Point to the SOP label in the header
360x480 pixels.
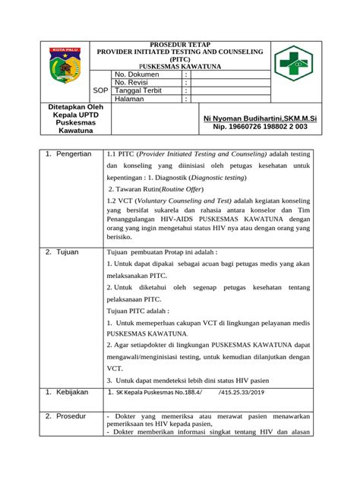[99, 90]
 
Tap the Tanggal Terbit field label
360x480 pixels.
[141, 90]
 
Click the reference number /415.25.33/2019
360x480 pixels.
[245, 393]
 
